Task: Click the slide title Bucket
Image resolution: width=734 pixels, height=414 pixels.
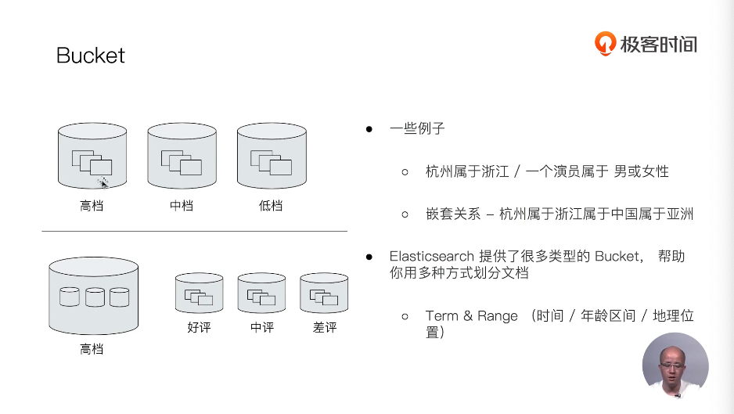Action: [x=91, y=56]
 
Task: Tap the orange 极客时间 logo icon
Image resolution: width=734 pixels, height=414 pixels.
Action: [x=605, y=43]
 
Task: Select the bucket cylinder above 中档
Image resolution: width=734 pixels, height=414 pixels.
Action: [x=182, y=156]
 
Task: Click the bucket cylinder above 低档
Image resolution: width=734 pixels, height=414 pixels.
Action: [x=272, y=156]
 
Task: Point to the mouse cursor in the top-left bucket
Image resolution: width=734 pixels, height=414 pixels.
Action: [x=103, y=182]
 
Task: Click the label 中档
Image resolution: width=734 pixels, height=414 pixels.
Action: [x=182, y=206]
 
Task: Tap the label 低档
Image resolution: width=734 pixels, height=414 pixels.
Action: [x=271, y=206]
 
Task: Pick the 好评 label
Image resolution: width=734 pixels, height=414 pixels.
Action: [x=199, y=327]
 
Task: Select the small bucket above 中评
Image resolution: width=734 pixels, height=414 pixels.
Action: [x=261, y=293]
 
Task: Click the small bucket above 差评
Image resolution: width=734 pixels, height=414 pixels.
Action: [x=324, y=293]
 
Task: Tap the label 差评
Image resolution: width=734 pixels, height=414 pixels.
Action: [x=325, y=327]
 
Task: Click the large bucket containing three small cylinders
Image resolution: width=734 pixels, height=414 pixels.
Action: [x=93, y=297]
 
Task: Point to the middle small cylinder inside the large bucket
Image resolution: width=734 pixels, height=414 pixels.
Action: [x=95, y=297]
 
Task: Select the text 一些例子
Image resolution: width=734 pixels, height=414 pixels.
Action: [x=417, y=128]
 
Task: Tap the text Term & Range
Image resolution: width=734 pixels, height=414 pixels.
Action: [x=472, y=316]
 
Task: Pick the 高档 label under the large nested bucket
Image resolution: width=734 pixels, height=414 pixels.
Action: [x=92, y=349]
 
